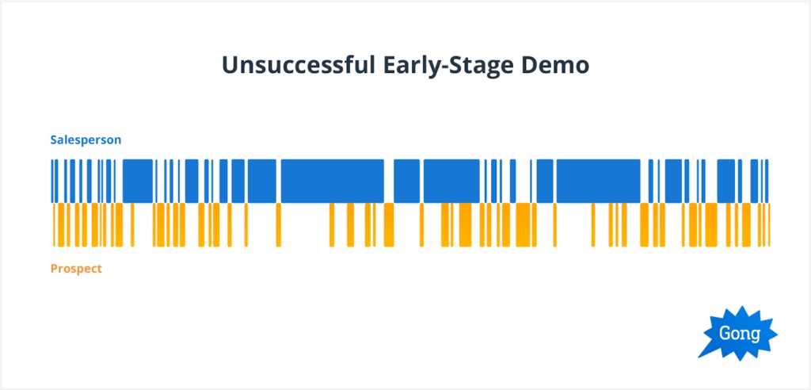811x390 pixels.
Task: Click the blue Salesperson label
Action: click(x=86, y=140)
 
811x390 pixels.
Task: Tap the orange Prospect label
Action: click(x=76, y=269)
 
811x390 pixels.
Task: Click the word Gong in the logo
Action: click(x=740, y=334)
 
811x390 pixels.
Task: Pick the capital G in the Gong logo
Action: click(x=725, y=333)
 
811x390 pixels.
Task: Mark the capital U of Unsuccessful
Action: click(x=230, y=66)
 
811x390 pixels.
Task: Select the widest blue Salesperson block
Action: click(x=332, y=181)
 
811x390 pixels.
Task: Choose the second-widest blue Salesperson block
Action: click(x=599, y=181)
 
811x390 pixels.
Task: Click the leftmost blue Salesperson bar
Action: click(x=52, y=181)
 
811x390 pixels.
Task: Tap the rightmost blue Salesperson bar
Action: click(x=767, y=181)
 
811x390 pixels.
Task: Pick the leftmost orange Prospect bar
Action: click(x=54, y=225)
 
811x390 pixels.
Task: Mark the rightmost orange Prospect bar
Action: click(x=769, y=225)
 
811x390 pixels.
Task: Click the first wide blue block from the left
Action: click(x=138, y=181)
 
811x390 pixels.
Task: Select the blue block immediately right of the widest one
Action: click(x=406, y=181)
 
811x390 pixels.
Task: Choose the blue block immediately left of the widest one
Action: click(x=262, y=181)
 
